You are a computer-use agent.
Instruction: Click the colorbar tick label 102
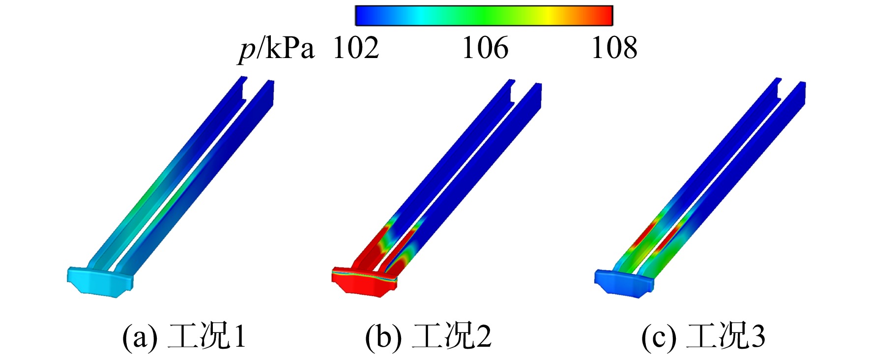(x=356, y=48)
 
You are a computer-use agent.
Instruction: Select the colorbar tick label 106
(x=485, y=48)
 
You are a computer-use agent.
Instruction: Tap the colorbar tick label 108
(x=614, y=48)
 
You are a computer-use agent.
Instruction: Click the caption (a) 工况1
(x=184, y=337)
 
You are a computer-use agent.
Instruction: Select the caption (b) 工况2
(x=428, y=337)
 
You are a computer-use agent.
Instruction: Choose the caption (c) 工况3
(x=703, y=337)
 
